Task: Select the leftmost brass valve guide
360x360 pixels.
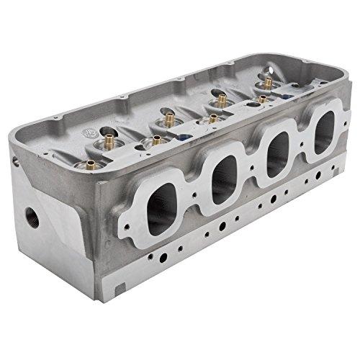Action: pos(91,164)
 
